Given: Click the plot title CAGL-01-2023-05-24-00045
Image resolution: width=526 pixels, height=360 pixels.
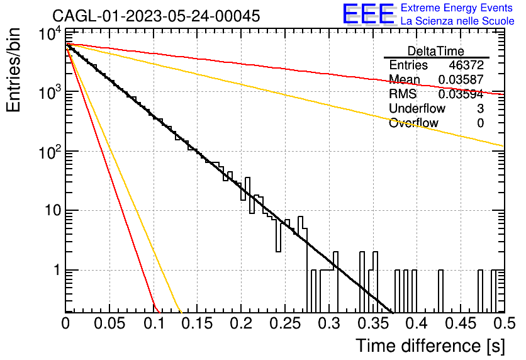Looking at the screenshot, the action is (156, 16).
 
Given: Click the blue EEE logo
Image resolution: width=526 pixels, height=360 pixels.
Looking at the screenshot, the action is (369, 14).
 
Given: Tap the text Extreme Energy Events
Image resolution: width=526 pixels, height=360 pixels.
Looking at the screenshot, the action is (457, 8).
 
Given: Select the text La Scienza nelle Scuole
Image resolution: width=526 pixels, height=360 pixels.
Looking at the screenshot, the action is (457, 21).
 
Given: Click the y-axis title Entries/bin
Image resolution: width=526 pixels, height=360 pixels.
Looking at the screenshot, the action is (13, 70).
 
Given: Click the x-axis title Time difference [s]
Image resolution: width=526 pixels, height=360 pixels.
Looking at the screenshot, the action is (430, 346).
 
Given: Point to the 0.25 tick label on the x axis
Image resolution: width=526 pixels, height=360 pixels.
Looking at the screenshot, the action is (285, 323).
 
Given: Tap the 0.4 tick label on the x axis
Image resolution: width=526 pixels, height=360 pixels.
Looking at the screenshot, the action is (417, 323).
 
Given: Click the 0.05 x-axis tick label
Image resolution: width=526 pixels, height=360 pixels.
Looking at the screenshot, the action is (109, 323).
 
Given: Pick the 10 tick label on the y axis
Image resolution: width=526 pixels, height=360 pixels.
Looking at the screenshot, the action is (53, 211).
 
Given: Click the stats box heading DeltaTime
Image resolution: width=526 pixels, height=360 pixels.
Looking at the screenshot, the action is (436, 51).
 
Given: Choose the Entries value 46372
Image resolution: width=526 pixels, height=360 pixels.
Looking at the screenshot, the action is (466, 65).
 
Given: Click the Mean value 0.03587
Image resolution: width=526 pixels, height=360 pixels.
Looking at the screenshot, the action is (461, 79).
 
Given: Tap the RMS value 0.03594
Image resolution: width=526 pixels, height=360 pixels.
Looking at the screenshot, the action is (461, 94).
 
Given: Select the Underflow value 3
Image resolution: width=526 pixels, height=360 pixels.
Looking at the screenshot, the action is (480, 108).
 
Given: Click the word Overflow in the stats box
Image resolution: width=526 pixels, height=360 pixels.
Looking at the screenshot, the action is (413, 123).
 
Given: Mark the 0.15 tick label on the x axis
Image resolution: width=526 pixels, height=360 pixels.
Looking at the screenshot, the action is (198, 323).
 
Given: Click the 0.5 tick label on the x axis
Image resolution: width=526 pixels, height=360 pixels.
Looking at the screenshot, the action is (504, 323).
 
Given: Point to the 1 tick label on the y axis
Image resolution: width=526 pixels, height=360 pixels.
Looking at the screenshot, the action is (57, 270).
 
